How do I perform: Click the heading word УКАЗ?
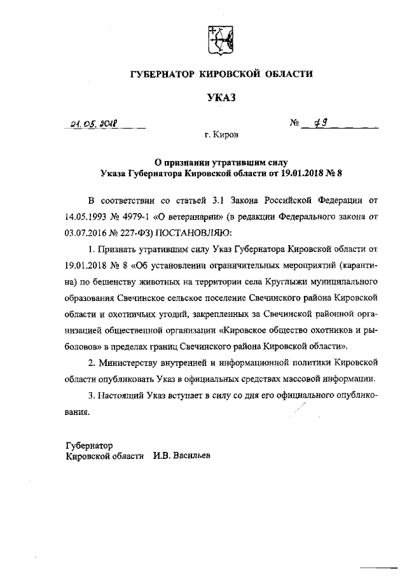221,97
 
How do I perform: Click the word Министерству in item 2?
135,363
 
